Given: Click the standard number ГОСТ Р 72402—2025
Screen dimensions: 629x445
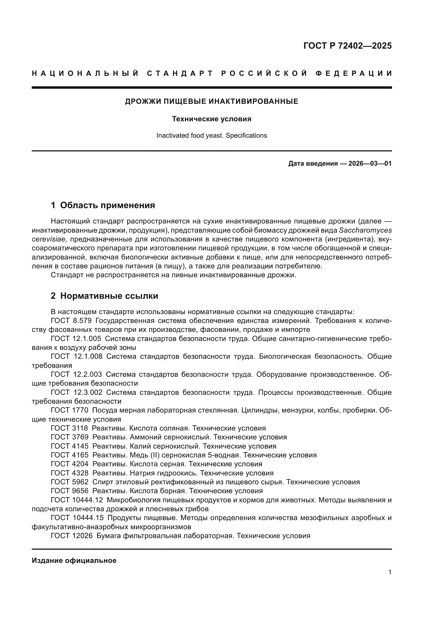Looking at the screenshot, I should click(x=347, y=46).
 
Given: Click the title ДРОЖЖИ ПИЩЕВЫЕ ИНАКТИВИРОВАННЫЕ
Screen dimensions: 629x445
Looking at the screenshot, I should click(x=211, y=102).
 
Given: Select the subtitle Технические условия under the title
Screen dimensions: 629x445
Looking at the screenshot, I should click(x=211, y=119).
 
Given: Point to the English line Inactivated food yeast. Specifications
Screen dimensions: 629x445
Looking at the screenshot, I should click(x=211, y=136).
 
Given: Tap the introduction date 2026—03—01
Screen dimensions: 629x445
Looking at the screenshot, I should click(x=370, y=164).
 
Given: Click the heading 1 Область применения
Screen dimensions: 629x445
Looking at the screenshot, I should click(x=103, y=205).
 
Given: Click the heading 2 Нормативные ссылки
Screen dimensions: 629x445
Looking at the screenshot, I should click(x=104, y=296).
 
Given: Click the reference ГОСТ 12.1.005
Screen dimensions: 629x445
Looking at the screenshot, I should click(x=76, y=339).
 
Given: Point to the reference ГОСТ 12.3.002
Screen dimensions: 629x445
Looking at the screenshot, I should click(x=76, y=393).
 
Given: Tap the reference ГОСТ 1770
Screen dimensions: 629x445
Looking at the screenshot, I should click(x=70, y=410).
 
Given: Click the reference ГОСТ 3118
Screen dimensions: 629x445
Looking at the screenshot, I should click(x=70, y=428).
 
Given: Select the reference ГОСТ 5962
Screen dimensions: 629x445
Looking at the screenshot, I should click(x=70, y=482).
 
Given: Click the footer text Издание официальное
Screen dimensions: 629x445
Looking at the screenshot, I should click(x=74, y=560).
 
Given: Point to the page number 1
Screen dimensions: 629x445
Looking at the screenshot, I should click(x=390, y=572).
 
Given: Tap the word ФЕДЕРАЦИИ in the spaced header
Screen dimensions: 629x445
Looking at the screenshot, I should click(x=354, y=73).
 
